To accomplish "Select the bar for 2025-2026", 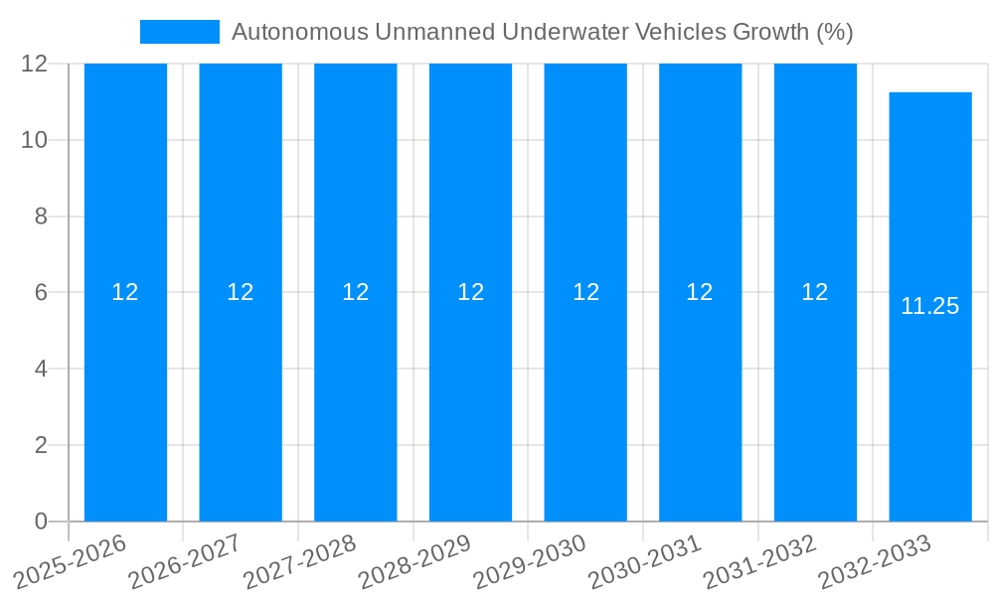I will click(x=125, y=397).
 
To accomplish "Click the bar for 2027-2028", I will click(x=356, y=397).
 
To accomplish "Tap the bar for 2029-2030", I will click(x=585, y=397).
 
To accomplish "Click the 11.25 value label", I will click(x=930, y=306).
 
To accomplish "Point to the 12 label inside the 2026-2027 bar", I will click(x=241, y=292).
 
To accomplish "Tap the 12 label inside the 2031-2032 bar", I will click(x=815, y=292).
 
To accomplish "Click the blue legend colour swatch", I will click(x=180, y=32).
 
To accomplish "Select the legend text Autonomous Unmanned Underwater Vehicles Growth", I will click(x=542, y=32).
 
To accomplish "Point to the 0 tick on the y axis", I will click(x=41, y=521).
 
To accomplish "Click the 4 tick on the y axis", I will click(x=41, y=369).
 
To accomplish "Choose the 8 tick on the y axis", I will click(x=41, y=216).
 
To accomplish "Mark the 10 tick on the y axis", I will click(x=35, y=140).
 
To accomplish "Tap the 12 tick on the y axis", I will click(x=35, y=64).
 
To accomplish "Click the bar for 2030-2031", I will click(x=701, y=397).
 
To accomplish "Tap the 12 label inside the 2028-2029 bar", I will click(x=471, y=292).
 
